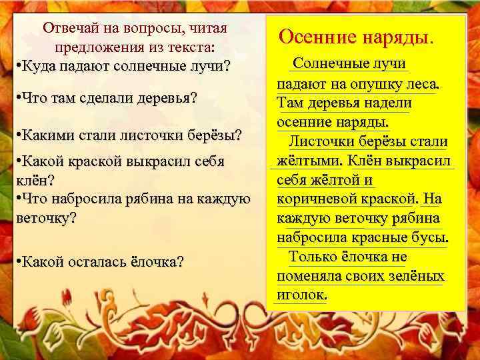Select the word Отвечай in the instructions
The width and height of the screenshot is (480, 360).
72,28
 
